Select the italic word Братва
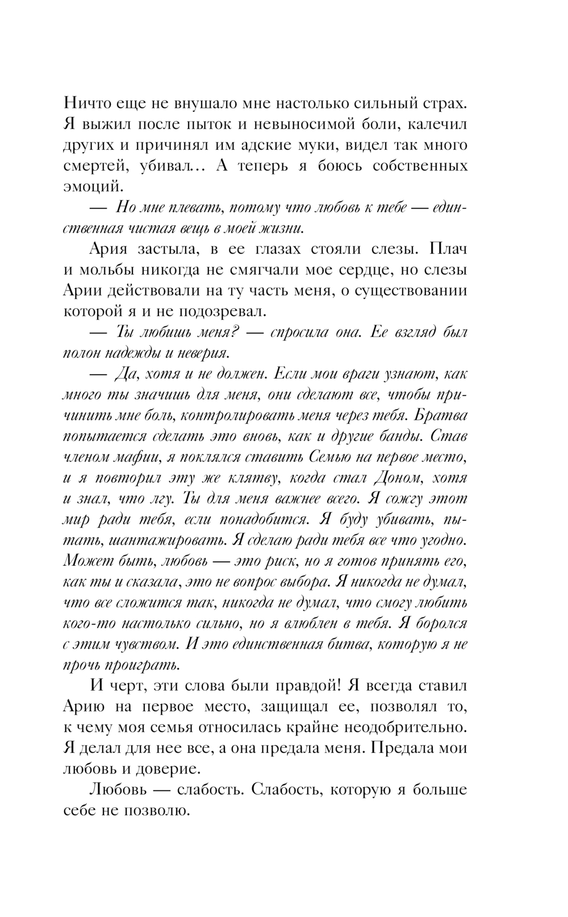[441, 415]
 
